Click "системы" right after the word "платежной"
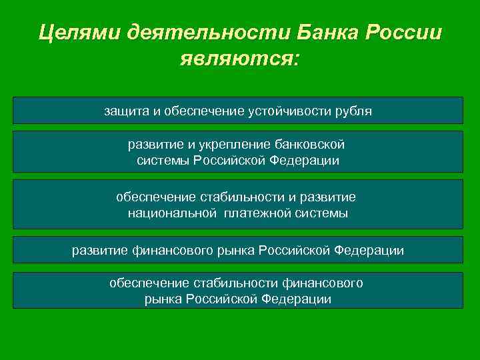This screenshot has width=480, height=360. pos(323,213)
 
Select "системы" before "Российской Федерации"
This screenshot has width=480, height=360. pos(164,161)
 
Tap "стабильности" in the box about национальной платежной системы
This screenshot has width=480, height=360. pos(245,197)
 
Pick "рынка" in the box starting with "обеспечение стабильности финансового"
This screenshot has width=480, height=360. pos(164,299)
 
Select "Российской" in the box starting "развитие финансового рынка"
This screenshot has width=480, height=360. pos(294,251)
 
